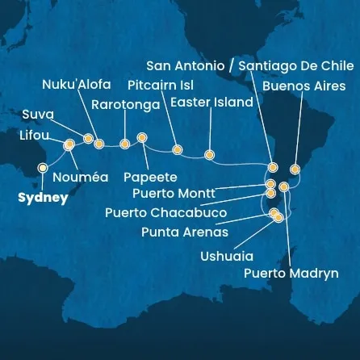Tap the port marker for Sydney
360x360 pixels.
point(42,168)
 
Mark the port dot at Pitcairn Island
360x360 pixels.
point(177,149)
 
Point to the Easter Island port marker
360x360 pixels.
point(209,154)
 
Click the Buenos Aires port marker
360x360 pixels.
point(295,170)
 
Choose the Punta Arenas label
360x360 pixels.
point(184,232)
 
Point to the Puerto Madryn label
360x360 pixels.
point(291,274)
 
